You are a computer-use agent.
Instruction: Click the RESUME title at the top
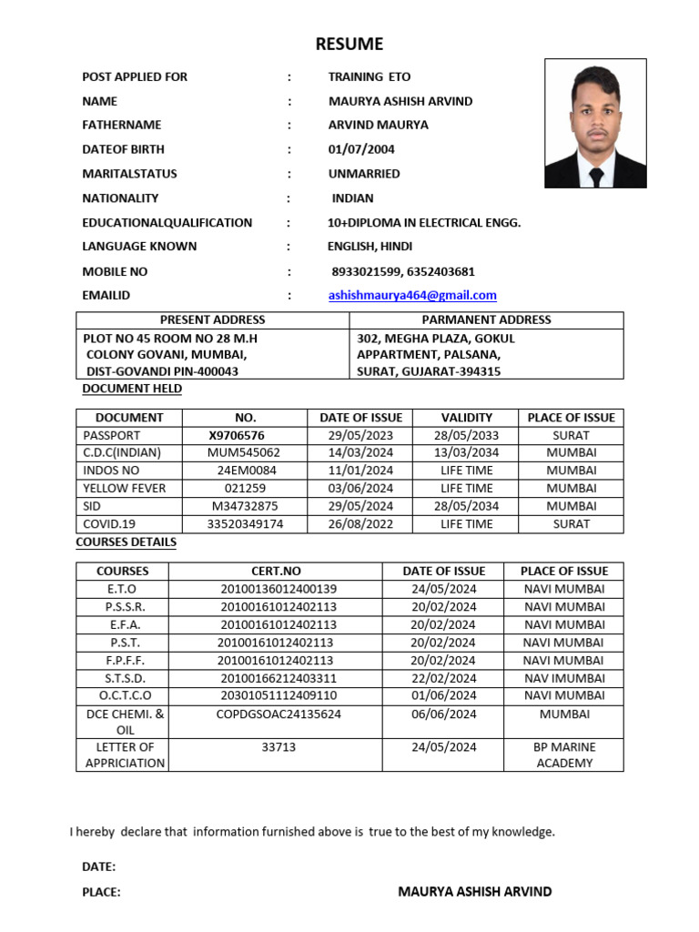coord(349,44)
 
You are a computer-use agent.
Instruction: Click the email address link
coord(412,295)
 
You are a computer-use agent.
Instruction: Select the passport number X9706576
coord(236,435)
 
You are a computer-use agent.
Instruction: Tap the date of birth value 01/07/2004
coord(361,149)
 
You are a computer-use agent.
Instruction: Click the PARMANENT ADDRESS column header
coord(486,319)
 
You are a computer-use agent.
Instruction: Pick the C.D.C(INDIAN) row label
coord(122,452)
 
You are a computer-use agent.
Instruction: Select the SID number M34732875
coord(245,506)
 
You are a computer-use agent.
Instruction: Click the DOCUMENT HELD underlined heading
coord(132,389)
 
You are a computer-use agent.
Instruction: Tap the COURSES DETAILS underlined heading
coord(126,542)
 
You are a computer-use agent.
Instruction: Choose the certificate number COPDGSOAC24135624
coord(279,714)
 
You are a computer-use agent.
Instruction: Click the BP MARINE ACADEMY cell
coord(564,755)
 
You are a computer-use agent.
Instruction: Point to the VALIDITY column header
coord(466,417)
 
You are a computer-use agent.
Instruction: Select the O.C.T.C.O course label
coord(122,695)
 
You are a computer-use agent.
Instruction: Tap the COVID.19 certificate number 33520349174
coord(245,524)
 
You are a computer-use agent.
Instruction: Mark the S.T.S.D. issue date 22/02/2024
coord(443,678)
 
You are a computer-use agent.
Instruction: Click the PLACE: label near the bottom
coord(101,893)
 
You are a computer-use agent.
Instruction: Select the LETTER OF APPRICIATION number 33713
coord(279,747)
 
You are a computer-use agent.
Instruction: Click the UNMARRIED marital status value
coord(364,174)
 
